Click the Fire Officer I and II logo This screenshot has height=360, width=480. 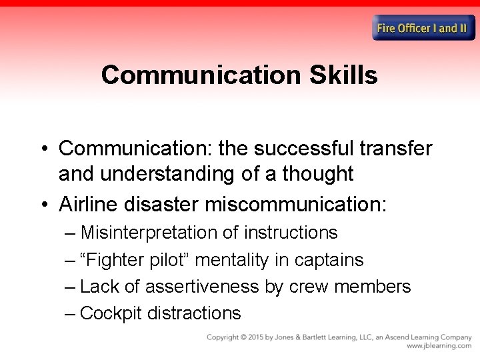point(423,28)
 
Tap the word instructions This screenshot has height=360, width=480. point(291,233)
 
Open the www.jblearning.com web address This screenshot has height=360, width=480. point(439,346)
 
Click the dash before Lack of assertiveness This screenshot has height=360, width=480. point(71,287)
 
